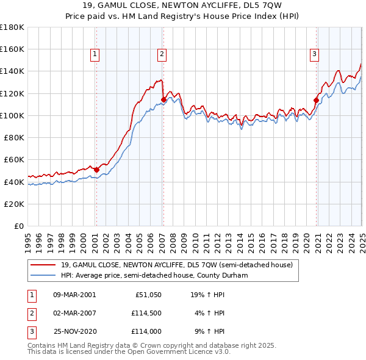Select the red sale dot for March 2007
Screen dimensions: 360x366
point(163,99)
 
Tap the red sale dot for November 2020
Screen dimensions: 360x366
point(316,100)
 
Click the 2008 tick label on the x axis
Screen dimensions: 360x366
point(173,239)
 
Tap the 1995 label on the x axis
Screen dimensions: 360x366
point(28,239)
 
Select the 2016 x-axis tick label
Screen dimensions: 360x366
point(262,239)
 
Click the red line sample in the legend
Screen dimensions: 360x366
point(43,265)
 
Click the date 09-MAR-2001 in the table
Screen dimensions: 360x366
point(74,294)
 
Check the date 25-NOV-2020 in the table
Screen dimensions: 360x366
point(74,332)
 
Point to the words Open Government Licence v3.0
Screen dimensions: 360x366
point(178,353)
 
